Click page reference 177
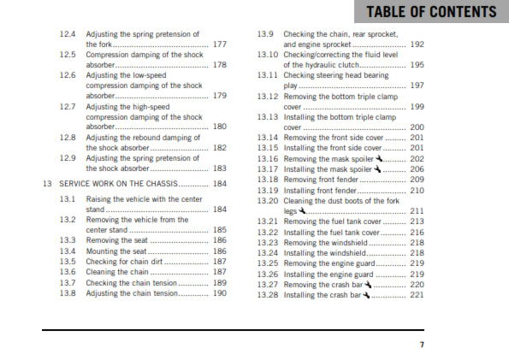(220, 44)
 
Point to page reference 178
(220, 65)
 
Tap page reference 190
(220, 293)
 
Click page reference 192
(417, 44)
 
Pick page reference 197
(417, 86)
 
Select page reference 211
(417, 210)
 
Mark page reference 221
(417, 294)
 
